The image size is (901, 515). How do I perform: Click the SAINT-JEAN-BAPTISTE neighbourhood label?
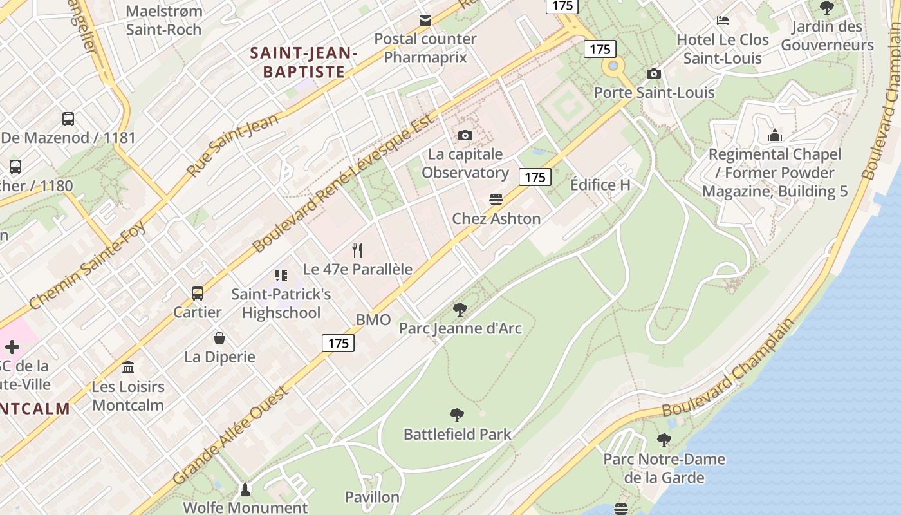[302, 62]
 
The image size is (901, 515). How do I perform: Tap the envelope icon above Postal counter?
[425, 21]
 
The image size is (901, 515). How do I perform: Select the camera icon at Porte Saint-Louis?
[653, 73]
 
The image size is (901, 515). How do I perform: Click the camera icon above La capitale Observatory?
[465, 135]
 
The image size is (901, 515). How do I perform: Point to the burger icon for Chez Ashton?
[496, 200]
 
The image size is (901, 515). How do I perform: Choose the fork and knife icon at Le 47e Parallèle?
[357, 250]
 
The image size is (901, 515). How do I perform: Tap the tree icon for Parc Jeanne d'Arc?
[460, 310]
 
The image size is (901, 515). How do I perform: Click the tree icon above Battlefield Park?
[457, 415]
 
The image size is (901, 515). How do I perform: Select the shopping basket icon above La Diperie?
[219, 338]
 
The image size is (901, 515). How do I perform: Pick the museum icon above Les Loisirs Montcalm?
[128, 368]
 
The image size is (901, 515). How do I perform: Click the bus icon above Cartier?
[198, 294]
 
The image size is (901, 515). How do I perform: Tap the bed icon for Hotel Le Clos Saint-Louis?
[723, 21]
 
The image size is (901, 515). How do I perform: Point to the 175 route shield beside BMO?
[338, 343]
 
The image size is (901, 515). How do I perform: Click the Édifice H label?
[600, 185]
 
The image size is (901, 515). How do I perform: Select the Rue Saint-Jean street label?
[233, 144]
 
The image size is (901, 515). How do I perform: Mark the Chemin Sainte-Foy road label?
[88, 265]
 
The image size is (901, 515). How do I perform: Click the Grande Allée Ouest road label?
[232, 436]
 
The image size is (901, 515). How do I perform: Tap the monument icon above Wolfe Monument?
[245, 490]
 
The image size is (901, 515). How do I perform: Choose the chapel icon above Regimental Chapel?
[775, 135]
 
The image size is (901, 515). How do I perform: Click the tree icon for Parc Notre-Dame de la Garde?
[664, 440]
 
